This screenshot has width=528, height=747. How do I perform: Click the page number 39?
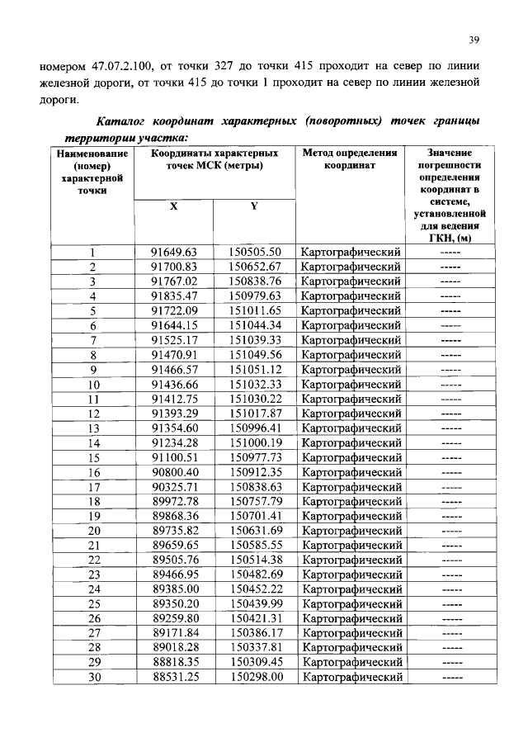tap(474, 39)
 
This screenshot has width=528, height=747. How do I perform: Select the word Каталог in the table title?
tap(125, 122)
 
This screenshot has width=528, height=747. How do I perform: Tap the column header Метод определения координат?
tap(351, 159)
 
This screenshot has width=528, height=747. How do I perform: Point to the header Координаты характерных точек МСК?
tap(214, 159)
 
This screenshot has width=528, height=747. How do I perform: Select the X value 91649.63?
tap(174, 252)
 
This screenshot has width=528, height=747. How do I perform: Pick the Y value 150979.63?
tap(255, 295)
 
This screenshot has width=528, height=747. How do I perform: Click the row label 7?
tap(93, 340)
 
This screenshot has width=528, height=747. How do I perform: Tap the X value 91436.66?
tap(174, 384)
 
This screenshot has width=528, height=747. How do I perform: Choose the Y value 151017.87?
tap(255, 414)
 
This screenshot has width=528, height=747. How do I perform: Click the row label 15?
tap(93, 457)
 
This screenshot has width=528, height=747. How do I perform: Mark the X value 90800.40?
tap(174, 472)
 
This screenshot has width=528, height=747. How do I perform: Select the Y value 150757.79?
tap(255, 502)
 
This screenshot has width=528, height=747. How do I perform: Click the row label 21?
tap(93, 546)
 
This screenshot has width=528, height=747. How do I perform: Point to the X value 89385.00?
tap(174, 589)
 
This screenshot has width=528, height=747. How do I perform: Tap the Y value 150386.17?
tap(255, 633)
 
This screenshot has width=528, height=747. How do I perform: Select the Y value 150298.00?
tap(255, 677)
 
